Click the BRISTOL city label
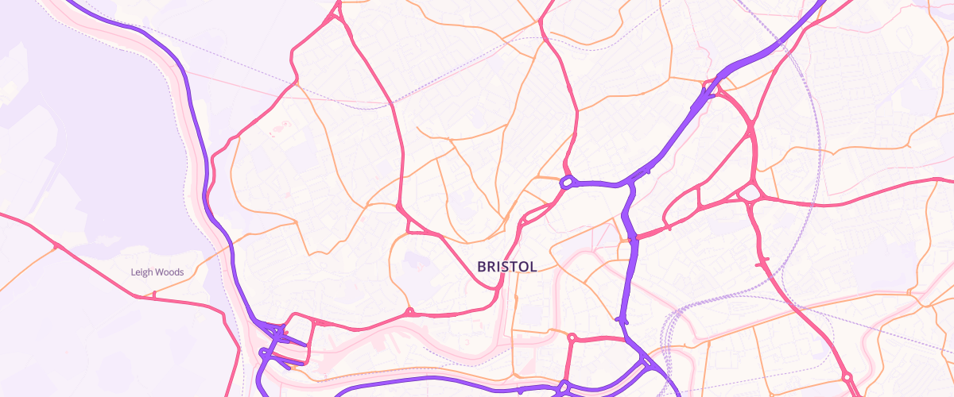tap(506, 267)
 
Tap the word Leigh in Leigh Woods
tap(142, 272)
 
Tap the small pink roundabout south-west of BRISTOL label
tap(409, 311)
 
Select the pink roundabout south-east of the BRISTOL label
tap(572, 337)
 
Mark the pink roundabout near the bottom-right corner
tap(847, 377)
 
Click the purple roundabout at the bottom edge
tap(563, 387)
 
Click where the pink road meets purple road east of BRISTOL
tap(634, 237)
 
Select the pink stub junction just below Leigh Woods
tap(153, 295)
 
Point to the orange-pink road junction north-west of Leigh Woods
tap(56, 247)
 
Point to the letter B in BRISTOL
tap(482, 267)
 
